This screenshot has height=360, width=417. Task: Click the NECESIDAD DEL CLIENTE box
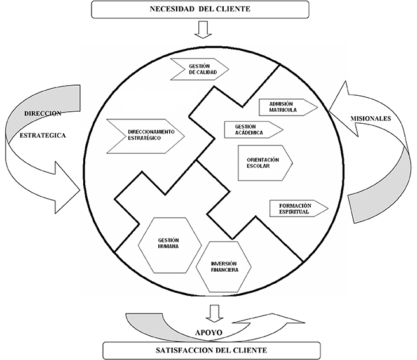[200, 10]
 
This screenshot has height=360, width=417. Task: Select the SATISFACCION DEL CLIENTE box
[212, 350]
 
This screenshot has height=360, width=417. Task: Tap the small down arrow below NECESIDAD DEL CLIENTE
[203, 30]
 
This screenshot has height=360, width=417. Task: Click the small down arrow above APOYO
[214, 314]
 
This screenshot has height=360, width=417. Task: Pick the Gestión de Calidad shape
[200, 69]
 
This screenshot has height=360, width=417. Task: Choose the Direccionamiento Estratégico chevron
[146, 136]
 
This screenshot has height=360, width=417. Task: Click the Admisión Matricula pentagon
[289, 107]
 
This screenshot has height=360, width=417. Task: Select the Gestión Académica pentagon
[254, 130]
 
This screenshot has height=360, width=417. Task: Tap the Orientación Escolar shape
[265, 163]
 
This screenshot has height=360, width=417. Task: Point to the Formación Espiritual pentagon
[299, 208]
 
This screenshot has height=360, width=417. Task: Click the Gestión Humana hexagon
[170, 245]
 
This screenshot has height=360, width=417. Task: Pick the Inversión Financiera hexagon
[224, 267]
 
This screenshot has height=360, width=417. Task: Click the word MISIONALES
[371, 119]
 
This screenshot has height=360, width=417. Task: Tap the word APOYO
[208, 333]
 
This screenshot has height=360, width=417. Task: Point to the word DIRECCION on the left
[43, 114]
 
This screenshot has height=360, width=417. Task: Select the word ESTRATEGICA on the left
[43, 135]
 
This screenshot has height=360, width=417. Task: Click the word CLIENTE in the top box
[233, 9]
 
